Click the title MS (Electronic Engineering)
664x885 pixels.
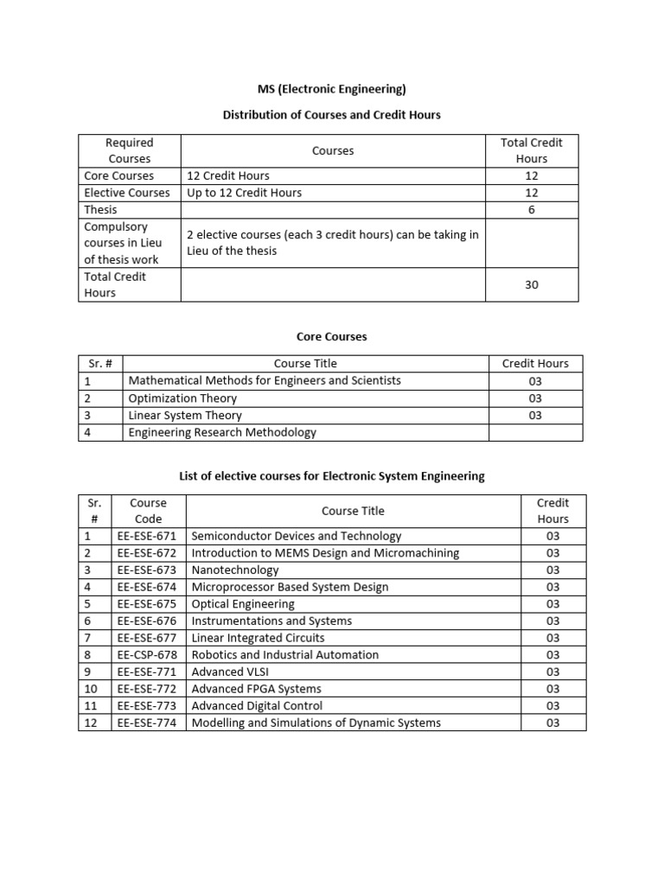coord(332,88)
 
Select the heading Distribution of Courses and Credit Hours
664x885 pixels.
coord(332,115)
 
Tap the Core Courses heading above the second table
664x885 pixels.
coord(332,336)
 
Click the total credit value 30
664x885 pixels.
coord(532,284)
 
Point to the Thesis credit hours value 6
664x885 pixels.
coord(532,210)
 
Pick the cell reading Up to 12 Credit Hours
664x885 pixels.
coord(245,193)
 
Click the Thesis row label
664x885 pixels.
coord(100,210)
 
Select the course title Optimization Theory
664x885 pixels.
coord(182,398)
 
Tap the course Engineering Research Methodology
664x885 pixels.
coord(222,432)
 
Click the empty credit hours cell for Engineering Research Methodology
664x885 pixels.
coord(535,432)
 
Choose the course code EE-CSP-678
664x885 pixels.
coord(148,654)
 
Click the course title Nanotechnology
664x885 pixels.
coord(235,570)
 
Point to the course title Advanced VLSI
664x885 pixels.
coord(230,672)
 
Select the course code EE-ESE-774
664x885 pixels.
coord(148,723)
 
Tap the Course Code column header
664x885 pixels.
coord(148,511)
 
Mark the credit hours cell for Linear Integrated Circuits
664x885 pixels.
coord(552,638)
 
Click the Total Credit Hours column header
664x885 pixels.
coord(532,150)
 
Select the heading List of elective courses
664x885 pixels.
coord(332,475)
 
